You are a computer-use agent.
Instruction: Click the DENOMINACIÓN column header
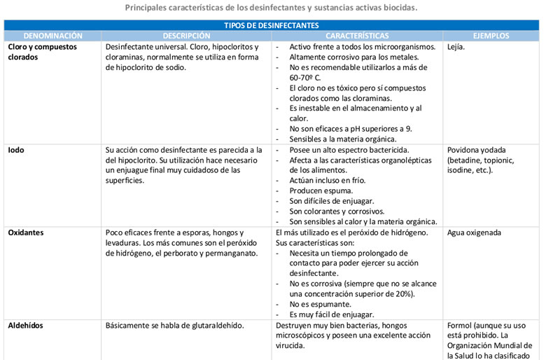tap(52, 36)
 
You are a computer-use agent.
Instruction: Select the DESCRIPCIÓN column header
tap(186, 36)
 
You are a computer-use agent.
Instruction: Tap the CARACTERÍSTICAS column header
tap(357, 36)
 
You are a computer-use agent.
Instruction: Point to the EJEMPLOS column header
tap(491, 36)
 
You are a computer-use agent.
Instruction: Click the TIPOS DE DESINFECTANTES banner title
tap(272, 25)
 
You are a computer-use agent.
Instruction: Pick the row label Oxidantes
tap(26, 233)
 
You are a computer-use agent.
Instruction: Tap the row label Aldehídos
tap(25, 326)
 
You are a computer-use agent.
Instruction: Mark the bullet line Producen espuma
tap(321, 191)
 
